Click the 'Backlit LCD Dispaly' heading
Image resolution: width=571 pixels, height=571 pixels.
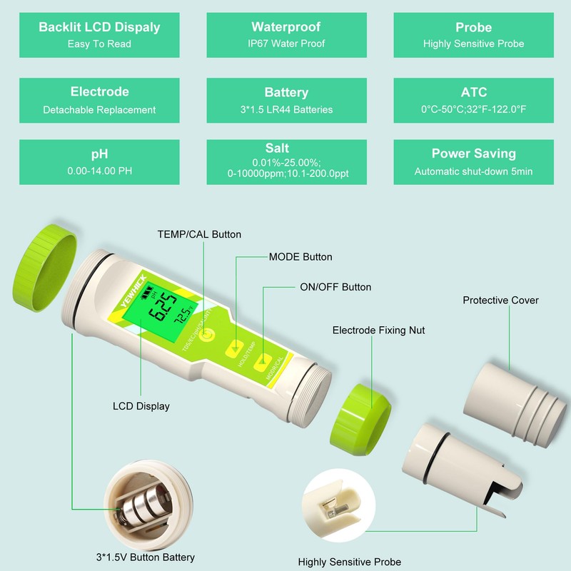[x=99, y=27]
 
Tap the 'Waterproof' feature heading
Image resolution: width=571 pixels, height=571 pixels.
[x=285, y=27]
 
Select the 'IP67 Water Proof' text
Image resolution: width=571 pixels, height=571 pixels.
[x=285, y=44]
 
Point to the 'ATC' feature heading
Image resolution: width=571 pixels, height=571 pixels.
[x=473, y=92]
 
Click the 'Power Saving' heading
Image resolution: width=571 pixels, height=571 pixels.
[x=473, y=153]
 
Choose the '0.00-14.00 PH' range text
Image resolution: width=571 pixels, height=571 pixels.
[x=99, y=171]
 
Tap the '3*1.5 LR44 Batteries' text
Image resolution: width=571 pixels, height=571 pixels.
[x=285, y=110]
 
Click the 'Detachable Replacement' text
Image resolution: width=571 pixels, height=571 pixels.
[x=99, y=110]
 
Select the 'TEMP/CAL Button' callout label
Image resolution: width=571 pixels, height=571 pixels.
[x=199, y=234]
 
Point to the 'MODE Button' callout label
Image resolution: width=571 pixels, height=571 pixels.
[x=300, y=257]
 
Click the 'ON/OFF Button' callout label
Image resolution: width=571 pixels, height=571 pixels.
[x=335, y=287]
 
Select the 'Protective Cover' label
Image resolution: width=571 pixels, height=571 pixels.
[x=500, y=300]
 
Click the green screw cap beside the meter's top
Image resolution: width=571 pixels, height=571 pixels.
[x=44, y=268]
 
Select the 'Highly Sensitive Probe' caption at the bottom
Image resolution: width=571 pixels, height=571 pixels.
[x=350, y=562]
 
